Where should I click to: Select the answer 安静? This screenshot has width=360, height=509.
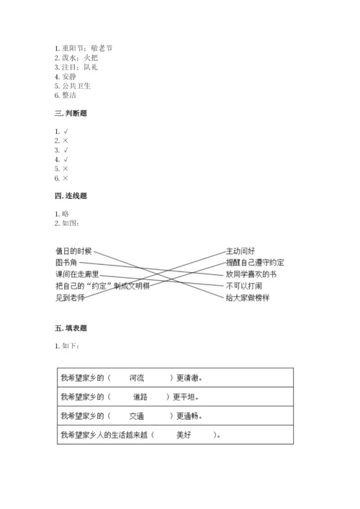pos(69,76)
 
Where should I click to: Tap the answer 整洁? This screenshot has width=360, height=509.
pos(69,95)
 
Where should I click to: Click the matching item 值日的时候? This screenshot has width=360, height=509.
pos(73,251)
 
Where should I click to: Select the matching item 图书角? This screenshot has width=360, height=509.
pos(66,263)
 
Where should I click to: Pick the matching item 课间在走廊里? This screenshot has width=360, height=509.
pos(77,274)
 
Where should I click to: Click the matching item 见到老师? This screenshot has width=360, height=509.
pos(70,297)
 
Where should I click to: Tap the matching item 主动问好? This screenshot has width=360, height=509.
pos(240,251)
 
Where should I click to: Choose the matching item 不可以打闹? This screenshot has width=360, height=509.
pos(244,286)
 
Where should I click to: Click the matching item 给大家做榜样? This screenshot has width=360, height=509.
pos(248,297)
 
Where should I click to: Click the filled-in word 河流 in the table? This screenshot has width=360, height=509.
pos(137,377)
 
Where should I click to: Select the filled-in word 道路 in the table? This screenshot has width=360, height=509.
pos(140,396)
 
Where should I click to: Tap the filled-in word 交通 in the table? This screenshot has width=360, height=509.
pos(137,415)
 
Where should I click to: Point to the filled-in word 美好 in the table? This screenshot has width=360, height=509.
pos(183,435)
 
